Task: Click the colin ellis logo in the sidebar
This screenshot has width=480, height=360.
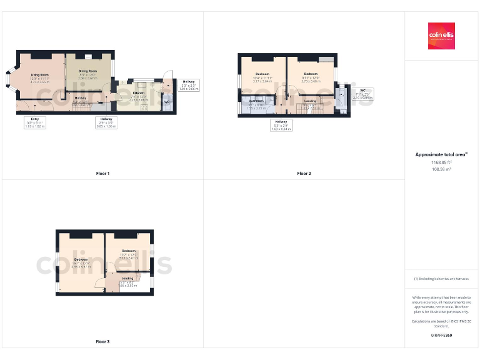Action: pyautogui.click(x=441, y=36)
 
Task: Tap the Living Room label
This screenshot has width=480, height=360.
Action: pyautogui.click(x=39, y=75)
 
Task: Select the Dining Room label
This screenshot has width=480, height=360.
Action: pyautogui.click(x=87, y=71)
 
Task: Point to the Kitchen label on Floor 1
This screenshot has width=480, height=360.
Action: pyautogui.click(x=138, y=93)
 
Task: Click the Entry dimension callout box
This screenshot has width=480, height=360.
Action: pyautogui.click(x=34, y=122)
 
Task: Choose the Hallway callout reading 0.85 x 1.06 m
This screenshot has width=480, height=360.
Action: pyautogui.click(x=106, y=122)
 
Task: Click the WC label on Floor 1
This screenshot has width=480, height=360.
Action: pyautogui.click(x=167, y=101)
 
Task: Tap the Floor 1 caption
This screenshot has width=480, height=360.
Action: pyautogui.click(x=102, y=173)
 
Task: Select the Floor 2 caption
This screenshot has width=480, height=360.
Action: pyautogui.click(x=304, y=173)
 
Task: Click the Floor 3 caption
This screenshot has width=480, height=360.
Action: pyautogui.click(x=102, y=342)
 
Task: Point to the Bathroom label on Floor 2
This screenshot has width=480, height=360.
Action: pyautogui.click(x=256, y=101)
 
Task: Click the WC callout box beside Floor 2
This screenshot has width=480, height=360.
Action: pyautogui.click(x=362, y=94)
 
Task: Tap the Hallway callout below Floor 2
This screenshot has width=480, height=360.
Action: pyautogui.click(x=281, y=125)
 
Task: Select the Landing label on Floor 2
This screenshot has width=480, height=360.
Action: pyautogui.click(x=310, y=101)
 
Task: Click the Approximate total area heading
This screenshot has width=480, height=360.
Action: pyautogui.click(x=441, y=154)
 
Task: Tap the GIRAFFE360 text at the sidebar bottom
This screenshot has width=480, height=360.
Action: pyautogui.click(x=441, y=336)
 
